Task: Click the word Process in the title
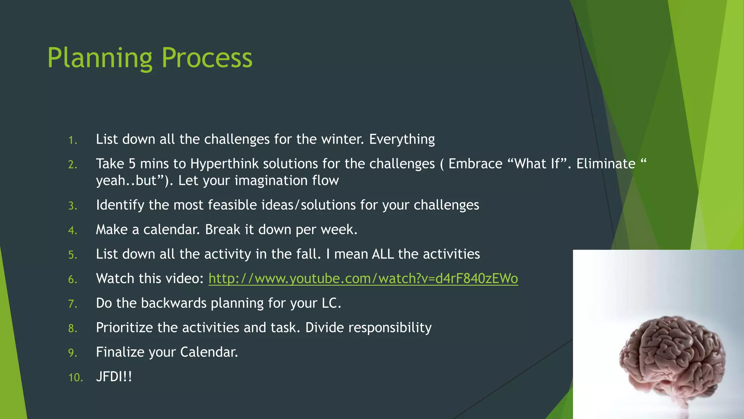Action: [207, 58]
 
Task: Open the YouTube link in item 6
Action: [363, 279]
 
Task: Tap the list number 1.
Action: [73, 140]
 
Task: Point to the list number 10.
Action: [76, 378]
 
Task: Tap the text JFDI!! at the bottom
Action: [114, 376]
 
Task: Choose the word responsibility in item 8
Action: [390, 328]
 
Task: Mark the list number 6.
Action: [73, 279]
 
